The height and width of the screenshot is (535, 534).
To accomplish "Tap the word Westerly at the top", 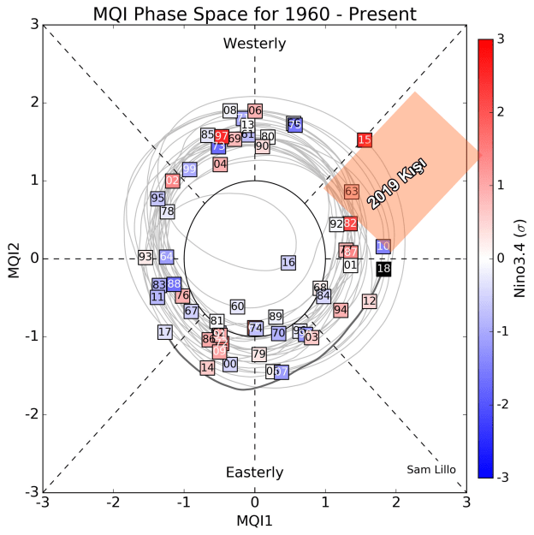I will (254, 44).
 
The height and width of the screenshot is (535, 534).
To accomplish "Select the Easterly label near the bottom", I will (254, 473).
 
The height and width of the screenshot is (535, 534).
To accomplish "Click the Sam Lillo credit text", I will (430, 468).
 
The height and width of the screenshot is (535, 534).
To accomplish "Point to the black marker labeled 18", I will (384, 269).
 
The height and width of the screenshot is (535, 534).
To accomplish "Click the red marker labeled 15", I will (365, 140).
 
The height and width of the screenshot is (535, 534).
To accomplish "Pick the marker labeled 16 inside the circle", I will (288, 262).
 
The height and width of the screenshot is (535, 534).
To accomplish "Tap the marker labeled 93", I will (145, 257).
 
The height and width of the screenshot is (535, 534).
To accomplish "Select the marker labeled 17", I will (165, 331).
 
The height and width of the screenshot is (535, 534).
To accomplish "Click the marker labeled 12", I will (370, 301).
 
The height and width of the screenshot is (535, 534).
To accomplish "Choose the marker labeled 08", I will (230, 110).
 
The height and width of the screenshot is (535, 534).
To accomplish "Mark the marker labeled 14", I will (207, 367).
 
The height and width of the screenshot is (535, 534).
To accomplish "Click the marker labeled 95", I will (157, 198).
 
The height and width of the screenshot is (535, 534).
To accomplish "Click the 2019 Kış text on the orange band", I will (397, 183).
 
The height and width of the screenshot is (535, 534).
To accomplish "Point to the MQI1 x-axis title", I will (254, 519).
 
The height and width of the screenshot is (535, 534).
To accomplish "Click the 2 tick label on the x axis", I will (395, 502).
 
